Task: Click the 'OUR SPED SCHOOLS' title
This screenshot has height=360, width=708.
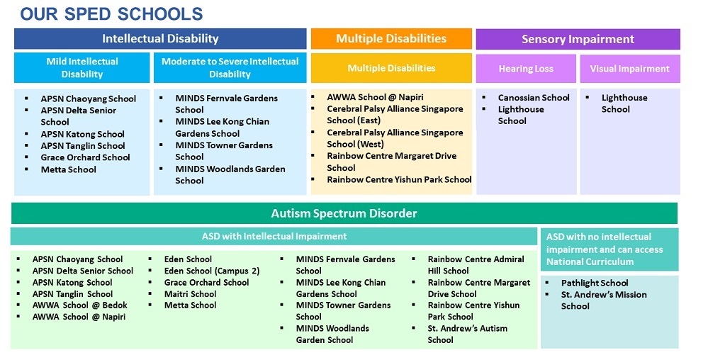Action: point(111,13)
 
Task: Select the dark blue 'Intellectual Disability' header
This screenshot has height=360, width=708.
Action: point(160,39)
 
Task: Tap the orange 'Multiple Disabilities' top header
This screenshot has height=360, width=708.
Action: point(391,38)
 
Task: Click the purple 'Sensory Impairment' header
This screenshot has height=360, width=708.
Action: point(578,39)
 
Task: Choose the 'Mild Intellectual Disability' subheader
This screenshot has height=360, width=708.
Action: point(82,68)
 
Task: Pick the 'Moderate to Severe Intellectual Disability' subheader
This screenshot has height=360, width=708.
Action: point(230,68)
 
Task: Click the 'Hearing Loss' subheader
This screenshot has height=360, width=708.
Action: point(525,69)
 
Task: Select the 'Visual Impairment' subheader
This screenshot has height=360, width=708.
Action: point(629,69)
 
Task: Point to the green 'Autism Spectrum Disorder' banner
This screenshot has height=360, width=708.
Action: point(344,213)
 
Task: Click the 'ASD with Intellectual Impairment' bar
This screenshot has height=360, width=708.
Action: point(274,236)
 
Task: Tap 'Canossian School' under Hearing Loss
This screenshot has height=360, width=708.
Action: point(533,98)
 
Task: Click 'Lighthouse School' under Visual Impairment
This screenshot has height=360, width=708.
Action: point(624,103)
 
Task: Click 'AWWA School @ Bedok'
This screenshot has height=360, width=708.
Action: point(79,305)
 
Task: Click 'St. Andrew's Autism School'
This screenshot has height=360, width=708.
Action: point(467,334)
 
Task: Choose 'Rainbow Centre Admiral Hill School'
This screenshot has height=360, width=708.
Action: point(476,264)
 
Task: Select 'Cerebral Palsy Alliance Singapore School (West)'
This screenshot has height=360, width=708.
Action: point(394,138)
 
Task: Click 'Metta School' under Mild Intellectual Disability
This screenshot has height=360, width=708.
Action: point(68,169)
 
